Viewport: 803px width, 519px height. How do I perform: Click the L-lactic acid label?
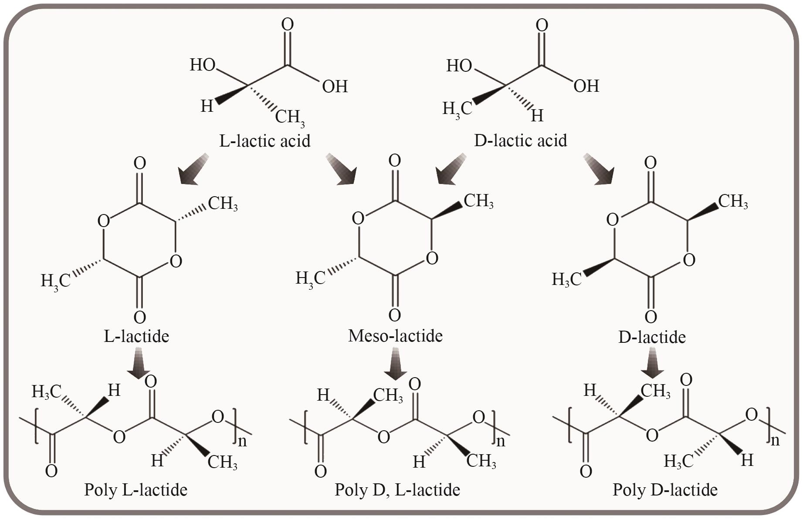pyautogui.click(x=264, y=141)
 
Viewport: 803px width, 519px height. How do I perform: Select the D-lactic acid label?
pyautogui.click(x=520, y=141)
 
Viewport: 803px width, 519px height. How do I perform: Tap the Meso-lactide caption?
pyautogui.click(x=395, y=336)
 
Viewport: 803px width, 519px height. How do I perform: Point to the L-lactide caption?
pyautogui.click(x=136, y=336)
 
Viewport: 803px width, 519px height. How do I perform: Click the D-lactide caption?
pyautogui.click(x=652, y=337)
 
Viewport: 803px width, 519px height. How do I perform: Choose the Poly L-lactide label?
pyautogui.click(x=136, y=490)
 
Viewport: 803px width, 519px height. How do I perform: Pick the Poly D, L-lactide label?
pyautogui.click(x=397, y=490)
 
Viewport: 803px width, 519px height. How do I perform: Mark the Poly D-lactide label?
pyautogui.click(x=665, y=490)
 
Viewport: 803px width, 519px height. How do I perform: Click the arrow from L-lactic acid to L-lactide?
pyautogui.click(x=193, y=170)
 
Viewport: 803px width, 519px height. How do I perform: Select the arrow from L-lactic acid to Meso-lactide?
pyautogui.click(x=342, y=170)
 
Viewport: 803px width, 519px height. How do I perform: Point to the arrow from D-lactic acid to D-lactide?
pyautogui.click(x=599, y=170)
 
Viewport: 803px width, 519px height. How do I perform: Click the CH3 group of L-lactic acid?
pyautogui.click(x=290, y=117)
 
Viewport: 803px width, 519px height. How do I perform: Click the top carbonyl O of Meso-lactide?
pyautogui.click(x=395, y=161)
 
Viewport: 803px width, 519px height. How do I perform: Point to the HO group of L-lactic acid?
pyautogui.click(x=203, y=65)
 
